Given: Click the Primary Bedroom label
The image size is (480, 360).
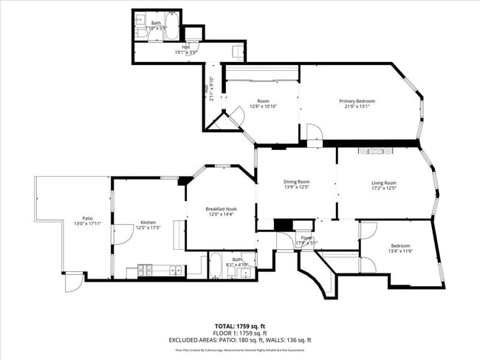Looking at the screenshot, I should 357,101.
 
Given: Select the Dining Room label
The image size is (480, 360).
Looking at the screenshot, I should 296,182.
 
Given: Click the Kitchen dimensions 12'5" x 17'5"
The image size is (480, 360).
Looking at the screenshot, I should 148,228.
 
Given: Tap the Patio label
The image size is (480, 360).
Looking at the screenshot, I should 87,219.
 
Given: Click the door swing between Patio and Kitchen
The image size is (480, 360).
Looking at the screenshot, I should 119,237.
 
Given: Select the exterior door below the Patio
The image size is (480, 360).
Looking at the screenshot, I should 73,284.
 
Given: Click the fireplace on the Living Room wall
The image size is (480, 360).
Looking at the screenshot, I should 376,151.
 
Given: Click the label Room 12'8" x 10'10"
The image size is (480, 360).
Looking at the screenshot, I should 263,103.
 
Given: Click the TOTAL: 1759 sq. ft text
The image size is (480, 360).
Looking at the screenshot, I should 240,325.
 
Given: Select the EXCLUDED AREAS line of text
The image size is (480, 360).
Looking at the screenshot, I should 240,340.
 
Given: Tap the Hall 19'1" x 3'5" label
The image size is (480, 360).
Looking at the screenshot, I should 165,50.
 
